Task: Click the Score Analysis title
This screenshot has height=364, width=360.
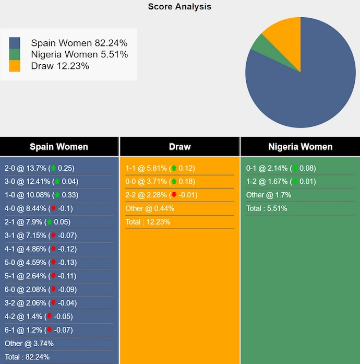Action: pos(179,7)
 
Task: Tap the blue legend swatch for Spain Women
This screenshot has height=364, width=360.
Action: pos(15,43)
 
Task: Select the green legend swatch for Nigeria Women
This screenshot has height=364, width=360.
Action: pos(15,54)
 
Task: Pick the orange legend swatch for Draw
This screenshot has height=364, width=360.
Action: pos(15,66)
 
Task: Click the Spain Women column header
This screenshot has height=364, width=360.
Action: pos(59,147)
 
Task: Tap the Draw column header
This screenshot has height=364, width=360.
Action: pos(179,147)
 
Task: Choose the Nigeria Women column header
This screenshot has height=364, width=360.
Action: pos(300,147)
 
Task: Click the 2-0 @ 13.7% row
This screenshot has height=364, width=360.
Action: pos(39,168)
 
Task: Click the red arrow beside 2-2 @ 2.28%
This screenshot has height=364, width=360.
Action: pos(174,195)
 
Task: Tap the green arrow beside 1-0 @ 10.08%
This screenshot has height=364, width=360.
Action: pos(57,195)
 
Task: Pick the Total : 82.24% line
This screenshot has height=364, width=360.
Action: pos(27,357)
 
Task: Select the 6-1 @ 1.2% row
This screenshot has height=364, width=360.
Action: pos(38,330)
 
